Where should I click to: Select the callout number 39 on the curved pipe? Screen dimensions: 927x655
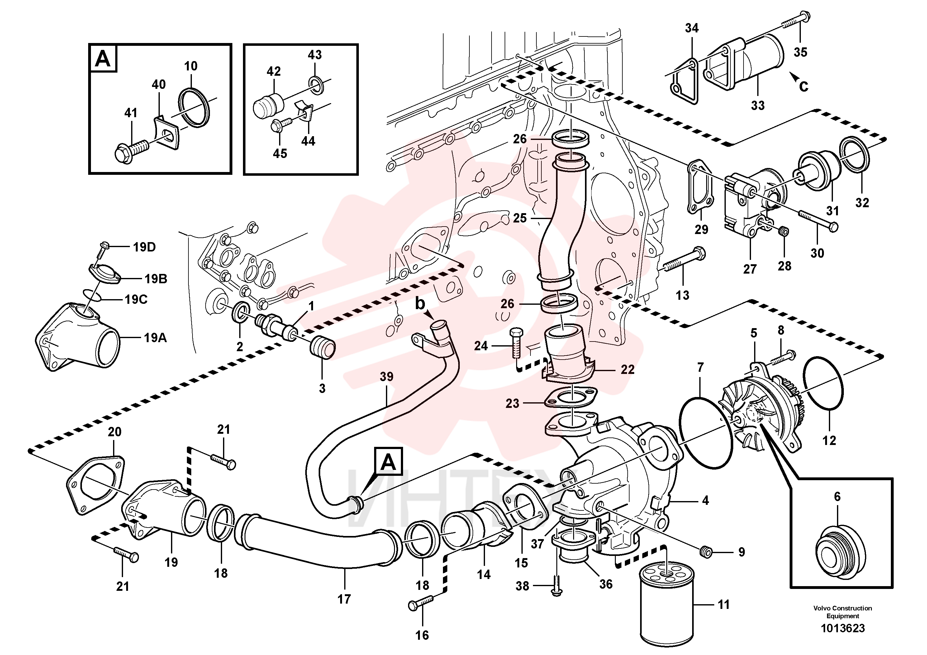[x=386, y=376]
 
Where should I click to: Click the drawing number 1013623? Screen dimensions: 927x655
[x=843, y=628]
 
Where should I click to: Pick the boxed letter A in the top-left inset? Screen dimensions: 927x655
[x=102, y=59]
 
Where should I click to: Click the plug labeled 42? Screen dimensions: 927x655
[x=267, y=104]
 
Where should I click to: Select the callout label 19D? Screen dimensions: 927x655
[x=144, y=247]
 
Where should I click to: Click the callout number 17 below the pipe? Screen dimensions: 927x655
[x=344, y=599]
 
